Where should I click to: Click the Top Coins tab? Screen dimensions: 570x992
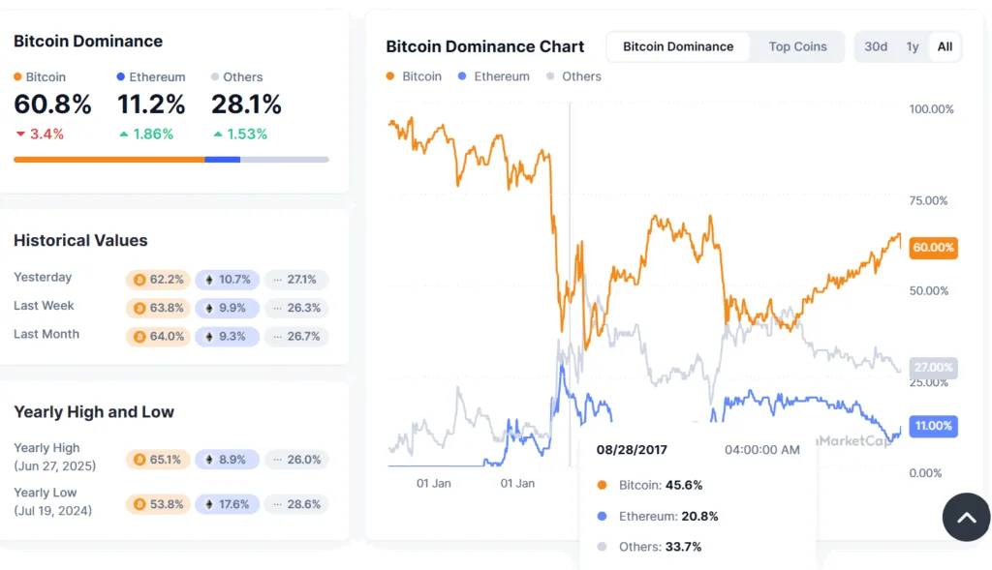coord(797,46)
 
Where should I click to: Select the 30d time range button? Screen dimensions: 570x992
coord(876,46)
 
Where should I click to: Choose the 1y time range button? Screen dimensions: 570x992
coord(912,46)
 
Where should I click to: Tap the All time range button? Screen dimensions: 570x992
coord(945,46)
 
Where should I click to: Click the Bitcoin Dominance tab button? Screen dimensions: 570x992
coord(678,46)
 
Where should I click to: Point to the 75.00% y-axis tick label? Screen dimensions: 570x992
coord(931,200)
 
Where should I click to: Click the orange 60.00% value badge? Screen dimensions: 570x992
coord(934,248)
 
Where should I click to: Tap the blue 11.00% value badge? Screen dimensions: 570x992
coord(934,426)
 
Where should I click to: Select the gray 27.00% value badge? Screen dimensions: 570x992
coord(934,368)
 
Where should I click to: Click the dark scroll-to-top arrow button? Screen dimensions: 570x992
coord(966,517)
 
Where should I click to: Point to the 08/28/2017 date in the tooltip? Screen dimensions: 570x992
coord(632,450)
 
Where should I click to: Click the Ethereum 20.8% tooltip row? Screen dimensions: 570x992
coord(659,516)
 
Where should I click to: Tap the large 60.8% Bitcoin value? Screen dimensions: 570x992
coord(52,105)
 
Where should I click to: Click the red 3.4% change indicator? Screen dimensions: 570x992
coord(40,135)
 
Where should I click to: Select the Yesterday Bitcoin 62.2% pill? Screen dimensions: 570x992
coord(158,280)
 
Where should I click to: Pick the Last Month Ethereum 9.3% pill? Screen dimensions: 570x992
coord(227,337)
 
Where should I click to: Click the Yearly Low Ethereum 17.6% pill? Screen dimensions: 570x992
coord(227,504)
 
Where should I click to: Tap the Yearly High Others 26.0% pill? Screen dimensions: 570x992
coord(296,460)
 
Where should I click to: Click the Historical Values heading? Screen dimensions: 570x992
coord(80,240)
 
